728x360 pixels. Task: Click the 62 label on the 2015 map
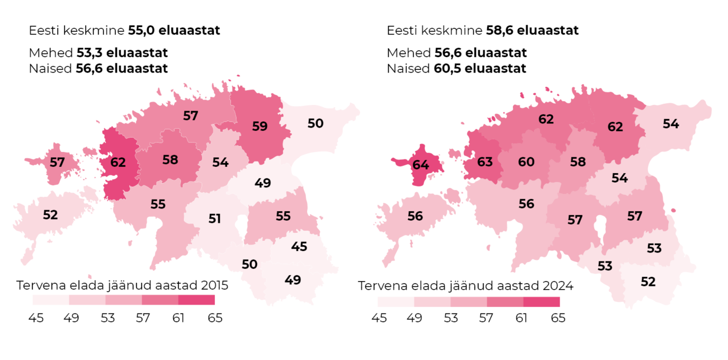pyautogui.click(x=118, y=163)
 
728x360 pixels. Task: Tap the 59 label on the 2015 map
pyautogui.click(x=259, y=127)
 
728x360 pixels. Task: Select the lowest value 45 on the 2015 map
pyautogui.click(x=299, y=246)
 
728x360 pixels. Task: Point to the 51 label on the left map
pyautogui.click(x=214, y=218)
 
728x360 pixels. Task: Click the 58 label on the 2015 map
pyautogui.click(x=170, y=159)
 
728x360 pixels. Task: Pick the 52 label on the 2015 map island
pyautogui.click(x=50, y=215)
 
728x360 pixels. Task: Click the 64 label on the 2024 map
pyautogui.click(x=420, y=165)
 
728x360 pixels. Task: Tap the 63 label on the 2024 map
pyautogui.click(x=485, y=162)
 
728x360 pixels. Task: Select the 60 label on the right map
pyautogui.click(x=526, y=162)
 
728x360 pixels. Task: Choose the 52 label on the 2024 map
pyautogui.click(x=648, y=282)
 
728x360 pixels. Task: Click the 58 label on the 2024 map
pyautogui.click(x=578, y=162)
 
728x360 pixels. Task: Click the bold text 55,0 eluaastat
pyautogui.click(x=174, y=31)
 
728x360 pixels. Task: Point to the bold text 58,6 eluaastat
pyautogui.click(x=532, y=31)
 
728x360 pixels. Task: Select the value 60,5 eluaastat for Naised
pyautogui.click(x=480, y=69)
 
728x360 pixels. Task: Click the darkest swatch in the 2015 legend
pyautogui.click(x=196, y=300)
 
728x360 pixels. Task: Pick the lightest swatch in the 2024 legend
pyautogui.click(x=396, y=302)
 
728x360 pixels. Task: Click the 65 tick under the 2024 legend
pyautogui.click(x=559, y=318)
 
